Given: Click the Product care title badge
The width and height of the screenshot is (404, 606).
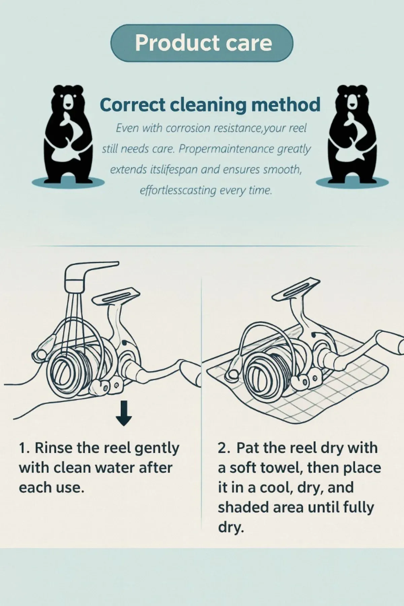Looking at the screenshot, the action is point(202,43).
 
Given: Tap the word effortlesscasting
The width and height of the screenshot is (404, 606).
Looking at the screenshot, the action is point(178,191).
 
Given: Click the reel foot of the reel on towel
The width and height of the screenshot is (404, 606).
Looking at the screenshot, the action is point(297,286).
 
